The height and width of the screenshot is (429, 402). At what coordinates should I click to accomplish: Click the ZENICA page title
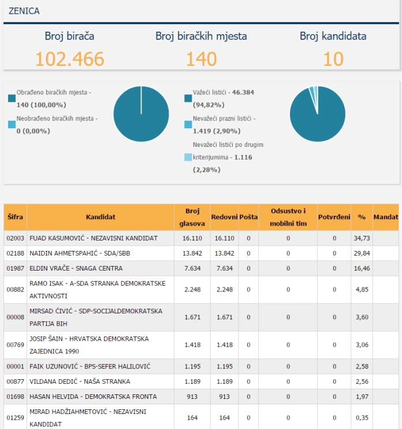click(24, 11)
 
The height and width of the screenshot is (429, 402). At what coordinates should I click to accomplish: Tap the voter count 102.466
click(70, 59)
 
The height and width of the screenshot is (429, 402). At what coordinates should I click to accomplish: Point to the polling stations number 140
click(202, 59)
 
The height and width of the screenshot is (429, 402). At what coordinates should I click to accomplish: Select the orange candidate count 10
click(333, 59)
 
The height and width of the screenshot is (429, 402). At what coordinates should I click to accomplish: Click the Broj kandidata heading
click(333, 36)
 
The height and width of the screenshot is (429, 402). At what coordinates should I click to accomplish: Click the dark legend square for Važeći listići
click(188, 98)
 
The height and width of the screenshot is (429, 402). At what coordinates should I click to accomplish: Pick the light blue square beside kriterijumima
click(188, 157)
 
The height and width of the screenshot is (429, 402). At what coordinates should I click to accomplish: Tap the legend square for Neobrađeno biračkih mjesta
click(12, 124)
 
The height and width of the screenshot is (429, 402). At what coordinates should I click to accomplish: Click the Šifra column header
click(15, 217)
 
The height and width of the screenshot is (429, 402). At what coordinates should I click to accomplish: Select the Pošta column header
click(248, 217)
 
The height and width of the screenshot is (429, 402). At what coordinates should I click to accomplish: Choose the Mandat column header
click(386, 217)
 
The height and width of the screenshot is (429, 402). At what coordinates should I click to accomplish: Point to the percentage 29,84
click(362, 253)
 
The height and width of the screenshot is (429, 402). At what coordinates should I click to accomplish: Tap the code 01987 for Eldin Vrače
click(15, 268)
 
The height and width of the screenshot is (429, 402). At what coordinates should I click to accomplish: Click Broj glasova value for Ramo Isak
click(192, 290)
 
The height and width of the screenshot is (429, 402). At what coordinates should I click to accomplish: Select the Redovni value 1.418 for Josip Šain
click(224, 345)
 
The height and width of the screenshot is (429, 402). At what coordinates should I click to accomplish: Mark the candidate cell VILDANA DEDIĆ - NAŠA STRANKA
click(80, 382)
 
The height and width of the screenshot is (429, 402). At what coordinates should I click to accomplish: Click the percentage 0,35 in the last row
click(362, 418)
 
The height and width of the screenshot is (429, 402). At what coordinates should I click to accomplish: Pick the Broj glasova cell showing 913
click(192, 397)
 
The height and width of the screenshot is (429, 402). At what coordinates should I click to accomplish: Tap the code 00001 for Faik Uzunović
click(15, 367)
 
